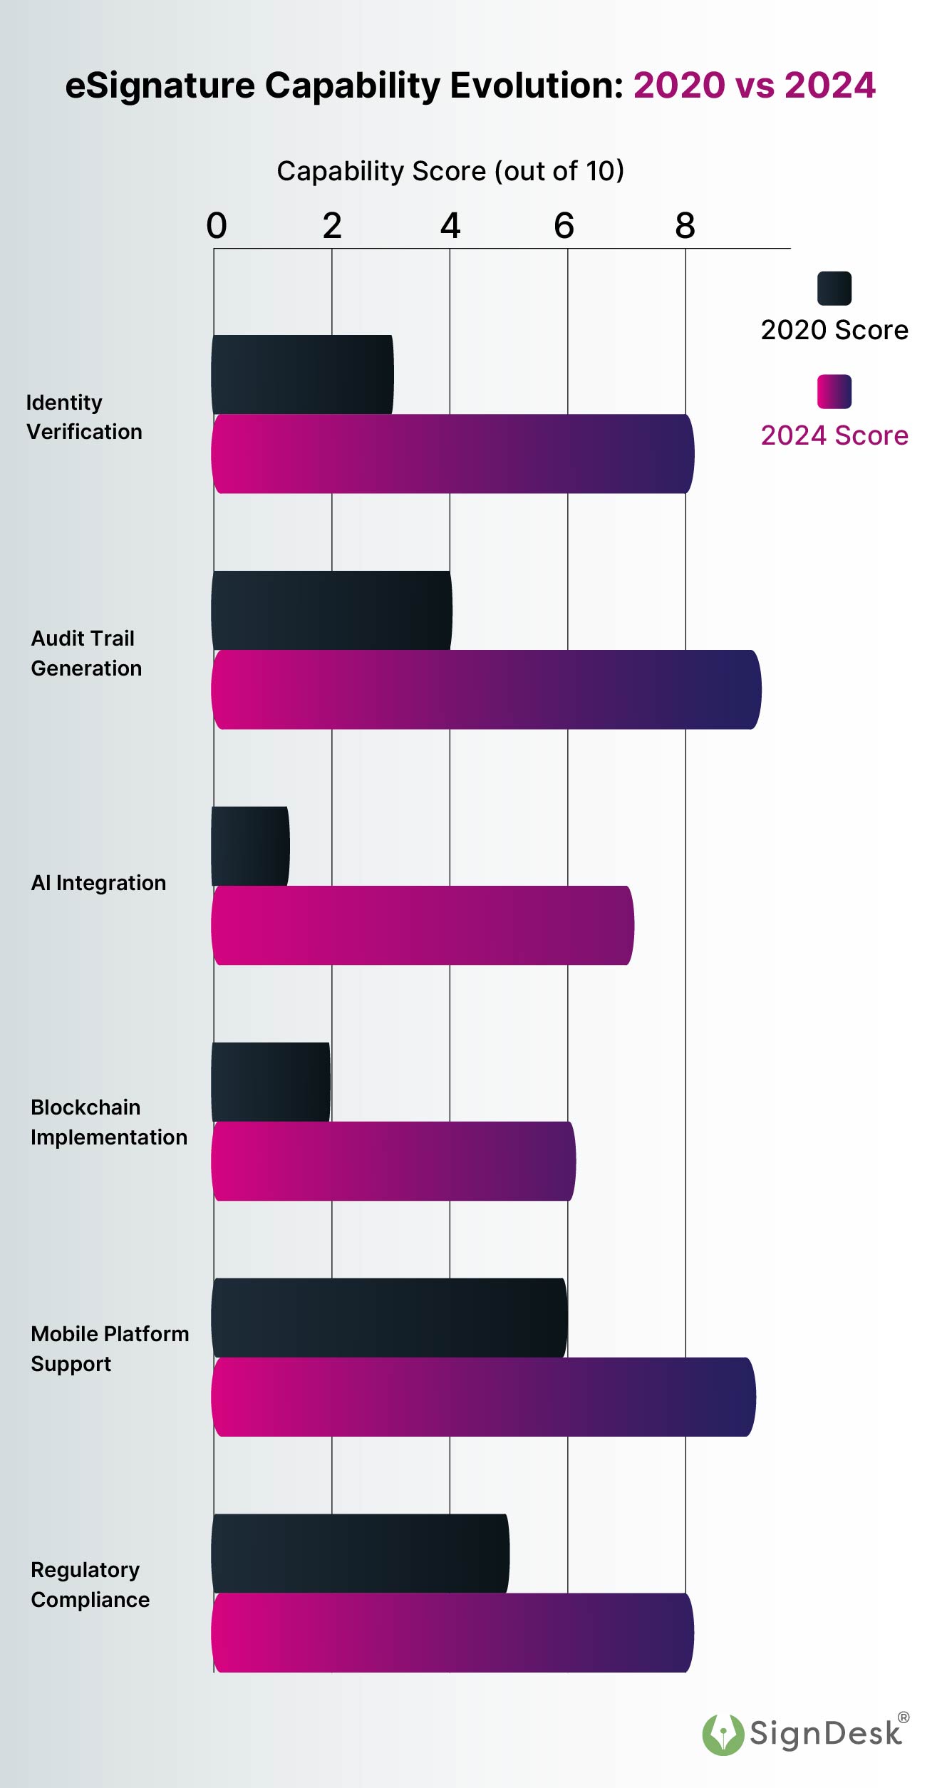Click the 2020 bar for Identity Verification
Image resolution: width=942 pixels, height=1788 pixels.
(x=302, y=374)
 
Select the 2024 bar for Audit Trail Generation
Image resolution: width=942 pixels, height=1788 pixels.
(x=486, y=689)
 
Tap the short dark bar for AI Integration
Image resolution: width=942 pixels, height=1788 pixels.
(x=250, y=846)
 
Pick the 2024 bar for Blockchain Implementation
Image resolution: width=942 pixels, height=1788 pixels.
(x=393, y=1161)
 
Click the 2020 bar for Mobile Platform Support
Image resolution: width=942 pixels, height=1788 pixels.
(x=389, y=1317)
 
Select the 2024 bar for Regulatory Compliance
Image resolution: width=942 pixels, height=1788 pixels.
(x=452, y=1632)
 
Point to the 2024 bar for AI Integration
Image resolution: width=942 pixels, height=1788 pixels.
(x=423, y=925)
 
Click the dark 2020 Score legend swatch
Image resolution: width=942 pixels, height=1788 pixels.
(x=834, y=288)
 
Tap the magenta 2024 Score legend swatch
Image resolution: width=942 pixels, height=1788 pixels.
(x=834, y=391)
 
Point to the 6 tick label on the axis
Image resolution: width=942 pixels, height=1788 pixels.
(x=564, y=226)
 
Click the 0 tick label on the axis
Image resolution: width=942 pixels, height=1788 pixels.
(x=217, y=226)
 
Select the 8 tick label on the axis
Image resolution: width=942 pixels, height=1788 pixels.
(x=685, y=226)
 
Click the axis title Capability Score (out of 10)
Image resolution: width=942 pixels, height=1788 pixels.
(x=450, y=171)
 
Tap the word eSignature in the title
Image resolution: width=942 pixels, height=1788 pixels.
(x=160, y=86)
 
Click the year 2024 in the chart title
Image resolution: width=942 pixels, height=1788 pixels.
(x=829, y=86)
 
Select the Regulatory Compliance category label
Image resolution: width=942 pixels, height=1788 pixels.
(x=90, y=1584)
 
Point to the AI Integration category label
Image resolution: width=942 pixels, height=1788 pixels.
(x=98, y=883)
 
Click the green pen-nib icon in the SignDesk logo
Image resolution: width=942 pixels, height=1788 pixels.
(x=723, y=1734)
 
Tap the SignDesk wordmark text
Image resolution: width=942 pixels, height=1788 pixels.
(x=825, y=1734)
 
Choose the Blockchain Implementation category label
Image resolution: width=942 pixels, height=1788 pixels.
(x=108, y=1122)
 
